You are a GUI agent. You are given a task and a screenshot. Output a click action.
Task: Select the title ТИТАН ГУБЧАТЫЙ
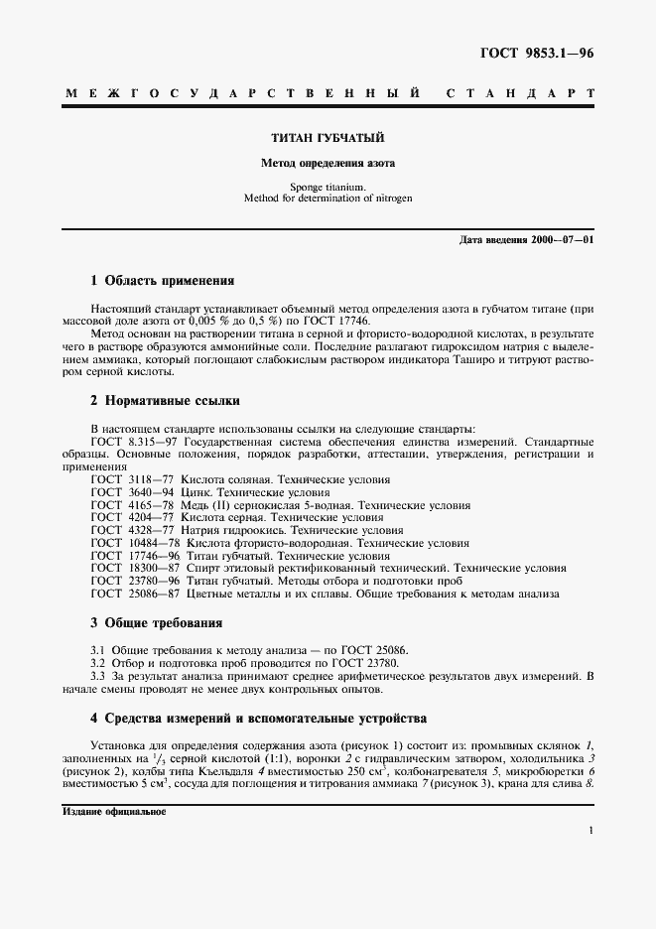pos(328,139)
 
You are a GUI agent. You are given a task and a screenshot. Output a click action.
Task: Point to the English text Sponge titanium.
pos(328,187)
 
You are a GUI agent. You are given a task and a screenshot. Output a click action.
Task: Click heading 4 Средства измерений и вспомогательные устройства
pos(258,717)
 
